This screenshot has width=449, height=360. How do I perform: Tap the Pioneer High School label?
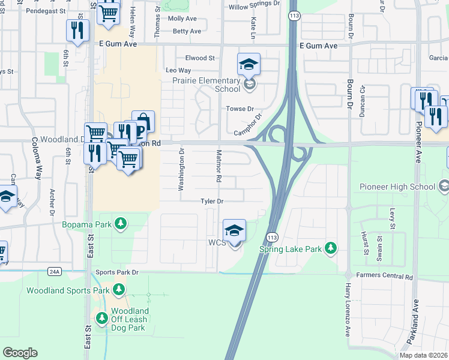click(397, 187)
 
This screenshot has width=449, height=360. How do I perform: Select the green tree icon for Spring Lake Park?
click(330, 247)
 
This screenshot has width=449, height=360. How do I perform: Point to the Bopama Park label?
click(88, 224)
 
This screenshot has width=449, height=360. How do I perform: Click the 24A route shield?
click(55, 272)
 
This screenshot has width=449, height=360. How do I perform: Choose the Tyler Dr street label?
click(212, 202)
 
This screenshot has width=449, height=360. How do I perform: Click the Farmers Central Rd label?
click(384, 277)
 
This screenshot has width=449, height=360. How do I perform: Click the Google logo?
click(20, 353)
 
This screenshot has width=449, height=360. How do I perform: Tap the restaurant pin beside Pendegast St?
click(77, 31)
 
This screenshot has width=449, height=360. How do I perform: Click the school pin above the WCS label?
click(234, 230)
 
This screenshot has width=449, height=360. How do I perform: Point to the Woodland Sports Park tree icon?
click(119, 290)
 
